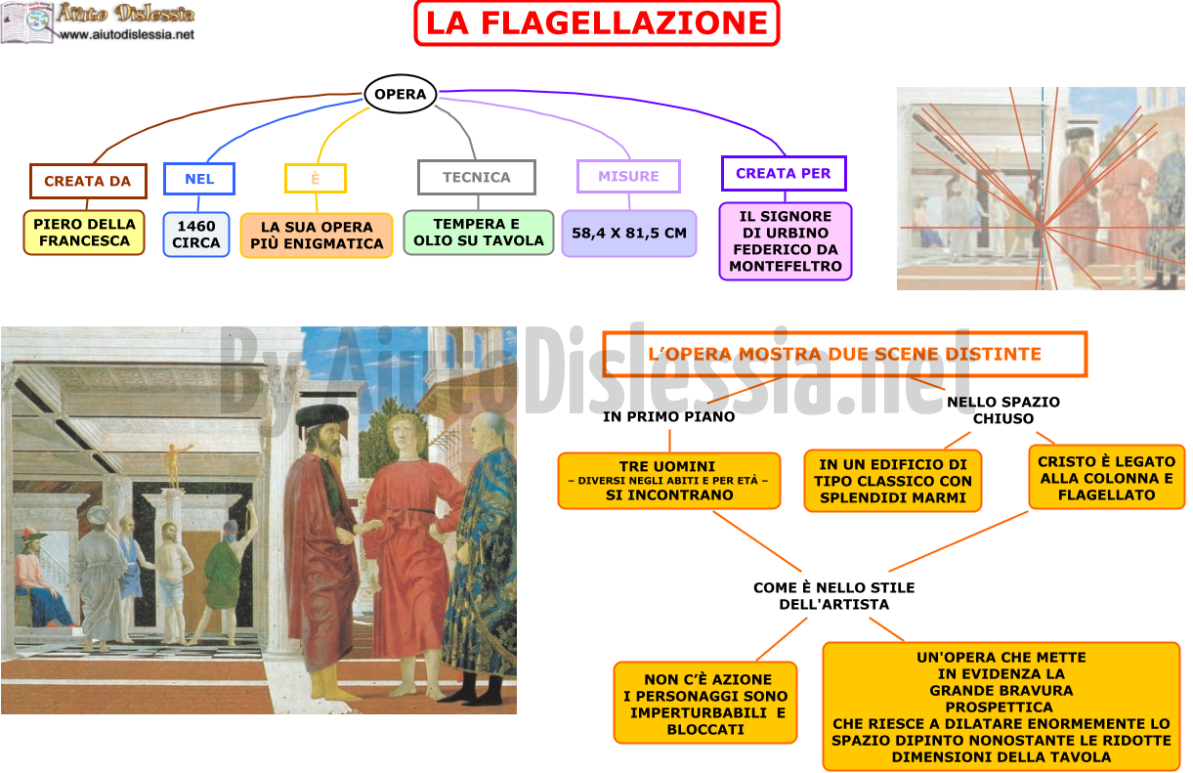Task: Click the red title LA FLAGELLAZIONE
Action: [x=596, y=22]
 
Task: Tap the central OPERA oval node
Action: [x=401, y=94]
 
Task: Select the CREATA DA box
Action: [x=88, y=181]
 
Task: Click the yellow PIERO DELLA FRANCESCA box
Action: [x=84, y=233]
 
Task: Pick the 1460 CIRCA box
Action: [x=196, y=235]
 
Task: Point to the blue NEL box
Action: [x=199, y=179]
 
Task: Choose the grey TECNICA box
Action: [x=477, y=177]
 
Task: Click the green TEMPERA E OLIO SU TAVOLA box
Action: [x=478, y=233]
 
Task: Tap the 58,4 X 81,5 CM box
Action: [x=629, y=234]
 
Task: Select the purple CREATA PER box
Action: [x=784, y=173]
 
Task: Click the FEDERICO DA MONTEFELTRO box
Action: [x=786, y=240]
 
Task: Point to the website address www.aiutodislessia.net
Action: [x=127, y=34]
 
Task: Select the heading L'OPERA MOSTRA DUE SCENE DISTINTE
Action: [x=845, y=355]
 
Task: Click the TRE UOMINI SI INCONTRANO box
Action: [x=669, y=481]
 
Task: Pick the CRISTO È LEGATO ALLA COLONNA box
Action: [x=1107, y=478]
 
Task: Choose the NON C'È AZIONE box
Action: [x=705, y=704]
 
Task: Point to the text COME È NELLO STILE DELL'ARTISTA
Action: [x=834, y=595]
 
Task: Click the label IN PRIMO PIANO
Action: [x=669, y=416]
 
